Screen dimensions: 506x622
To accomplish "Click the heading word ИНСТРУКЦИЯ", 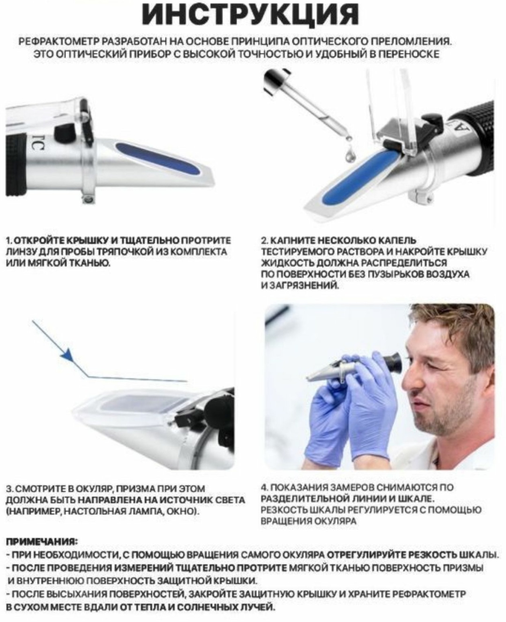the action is pos(250,15).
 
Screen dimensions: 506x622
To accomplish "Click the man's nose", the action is pos(412,378).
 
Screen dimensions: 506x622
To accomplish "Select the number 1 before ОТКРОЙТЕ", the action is pos(9,241).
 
